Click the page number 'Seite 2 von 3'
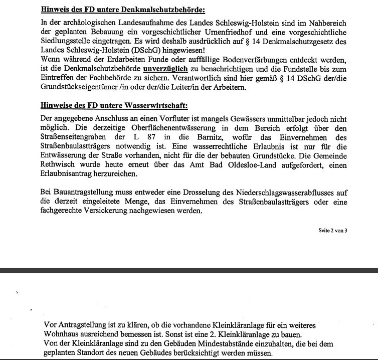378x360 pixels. pyautogui.click(x=332, y=230)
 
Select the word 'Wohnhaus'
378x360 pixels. pyautogui.click(x=62, y=335)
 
